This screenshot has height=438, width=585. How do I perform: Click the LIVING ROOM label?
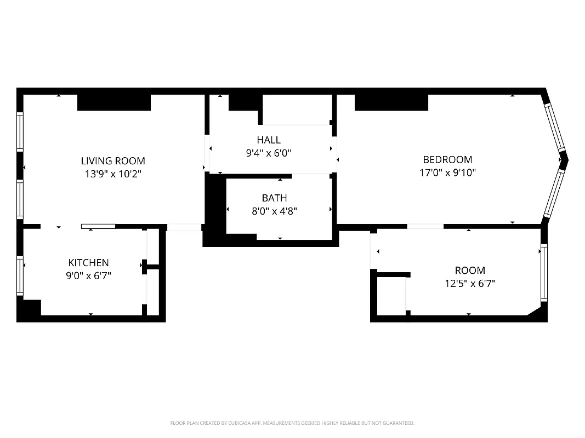pyautogui.click(x=113, y=161)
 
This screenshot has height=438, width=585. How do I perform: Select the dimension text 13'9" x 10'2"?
pyautogui.click(x=113, y=174)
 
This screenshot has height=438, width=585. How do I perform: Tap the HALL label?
pyautogui.click(x=268, y=140)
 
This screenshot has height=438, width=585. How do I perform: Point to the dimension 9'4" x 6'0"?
pyautogui.click(x=268, y=153)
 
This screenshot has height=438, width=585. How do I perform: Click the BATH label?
pyautogui.click(x=274, y=198)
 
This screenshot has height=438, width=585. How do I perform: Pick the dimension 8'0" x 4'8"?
pyautogui.click(x=274, y=211)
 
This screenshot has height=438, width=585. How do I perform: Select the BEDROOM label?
pyautogui.click(x=447, y=160)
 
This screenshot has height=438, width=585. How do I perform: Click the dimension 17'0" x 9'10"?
pyautogui.click(x=447, y=173)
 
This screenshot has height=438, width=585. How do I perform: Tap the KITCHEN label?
pyautogui.click(x=88, y=263)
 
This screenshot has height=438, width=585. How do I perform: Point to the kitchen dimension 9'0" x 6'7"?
pyautogui.click(x=88, y=276)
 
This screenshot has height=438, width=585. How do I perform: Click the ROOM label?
pyautogui.click(x=470, y=270)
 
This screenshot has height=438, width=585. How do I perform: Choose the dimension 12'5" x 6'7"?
pyautogui.click(x=470, y=284)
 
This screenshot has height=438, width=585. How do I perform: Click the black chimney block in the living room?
pyautogui.click(x=114, y=102)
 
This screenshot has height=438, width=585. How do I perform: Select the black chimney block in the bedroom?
pyautogui.click(x=391, y=102)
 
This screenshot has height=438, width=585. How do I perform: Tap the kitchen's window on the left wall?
pyautogui.click(x=20, y=276)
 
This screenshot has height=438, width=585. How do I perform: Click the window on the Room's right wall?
pyautogui.click(x=544, y=273)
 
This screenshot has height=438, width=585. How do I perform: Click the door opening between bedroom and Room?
pyautogui.click(x=425, y=226)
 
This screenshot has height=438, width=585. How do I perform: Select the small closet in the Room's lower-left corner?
pyautogui.click(x=391, y=296)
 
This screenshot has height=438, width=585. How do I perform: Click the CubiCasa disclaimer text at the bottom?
pyautogui.click(x=292, y=423)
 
